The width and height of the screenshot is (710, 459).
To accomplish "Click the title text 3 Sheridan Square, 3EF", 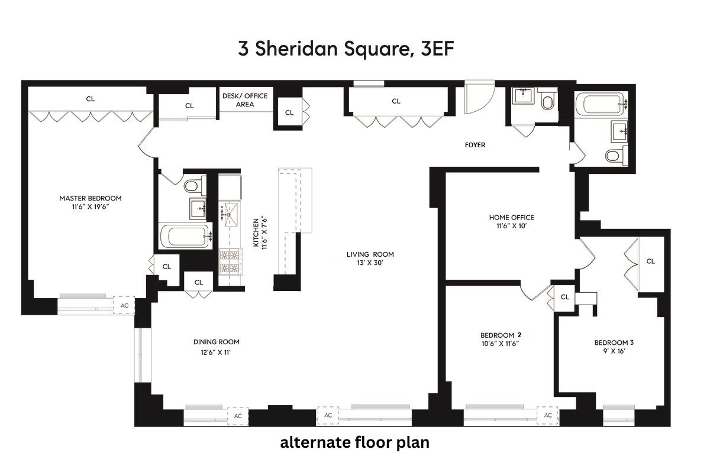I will coord(346,49).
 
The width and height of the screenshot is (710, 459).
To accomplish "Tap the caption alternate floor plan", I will coord(354,442).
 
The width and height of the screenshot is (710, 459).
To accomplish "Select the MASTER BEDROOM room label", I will coord(90,198).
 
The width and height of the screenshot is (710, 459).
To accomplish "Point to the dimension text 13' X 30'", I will coord(370,264).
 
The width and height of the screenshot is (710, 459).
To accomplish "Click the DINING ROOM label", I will coord(217,342).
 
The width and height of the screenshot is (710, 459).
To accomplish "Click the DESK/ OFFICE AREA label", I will coord(245,100).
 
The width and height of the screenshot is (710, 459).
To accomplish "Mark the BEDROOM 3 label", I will coord(614,342).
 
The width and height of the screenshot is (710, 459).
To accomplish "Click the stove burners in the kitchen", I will coord(230,263).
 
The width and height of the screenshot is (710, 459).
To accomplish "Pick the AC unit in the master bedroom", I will coord(124,305).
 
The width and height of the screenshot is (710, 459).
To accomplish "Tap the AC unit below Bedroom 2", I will coord(548,415).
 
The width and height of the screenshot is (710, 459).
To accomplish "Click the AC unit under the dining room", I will coord(238,416).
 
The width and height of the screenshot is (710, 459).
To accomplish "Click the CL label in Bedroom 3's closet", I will coord(650,261).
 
